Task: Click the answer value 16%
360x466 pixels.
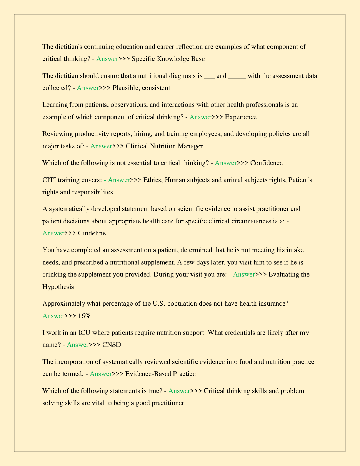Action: pos(84,316)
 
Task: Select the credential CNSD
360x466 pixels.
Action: pos(111,345)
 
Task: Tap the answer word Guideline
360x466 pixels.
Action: pos(92,233)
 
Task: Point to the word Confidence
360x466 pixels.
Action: pos(266,163)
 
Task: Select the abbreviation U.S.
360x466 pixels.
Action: pos(159,304)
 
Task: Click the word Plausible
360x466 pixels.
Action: pos(126,88)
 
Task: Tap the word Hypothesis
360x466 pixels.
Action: pos(58,287)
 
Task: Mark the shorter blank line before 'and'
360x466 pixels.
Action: pos(209,77)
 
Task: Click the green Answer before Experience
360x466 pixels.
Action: pos(200,117)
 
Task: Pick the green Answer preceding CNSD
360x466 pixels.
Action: pos(78,345)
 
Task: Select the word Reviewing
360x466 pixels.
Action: pos(57,134)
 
